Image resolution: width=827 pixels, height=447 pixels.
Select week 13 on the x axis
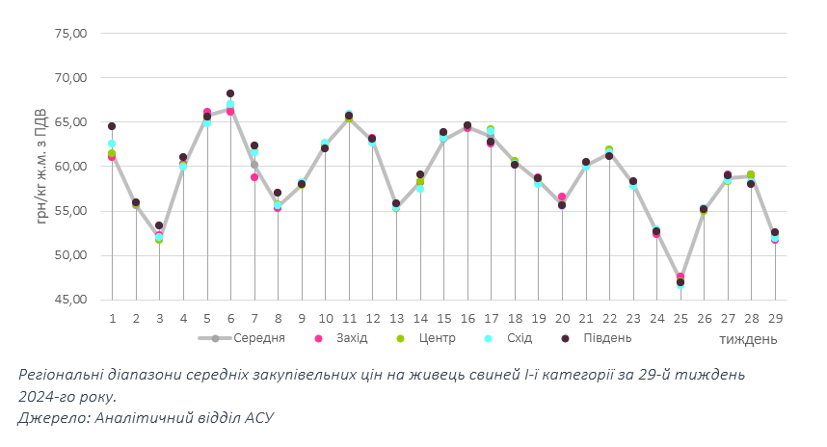coord(396,318)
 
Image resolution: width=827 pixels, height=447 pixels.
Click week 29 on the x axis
coord(775,318)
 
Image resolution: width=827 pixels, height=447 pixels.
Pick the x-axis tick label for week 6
coord(230,318)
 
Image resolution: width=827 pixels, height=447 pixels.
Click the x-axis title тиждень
coord(748,339)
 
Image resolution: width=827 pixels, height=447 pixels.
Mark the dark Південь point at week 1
coord(112,126)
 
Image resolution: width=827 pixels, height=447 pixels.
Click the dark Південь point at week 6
coord(230,94)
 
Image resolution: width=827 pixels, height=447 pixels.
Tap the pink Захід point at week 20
coord(562,197)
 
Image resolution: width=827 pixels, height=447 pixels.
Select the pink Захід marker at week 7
coord(254,177)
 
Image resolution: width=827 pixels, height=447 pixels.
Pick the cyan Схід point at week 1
coord(112,144)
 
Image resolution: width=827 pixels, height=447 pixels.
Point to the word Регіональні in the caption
coord(64,375)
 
